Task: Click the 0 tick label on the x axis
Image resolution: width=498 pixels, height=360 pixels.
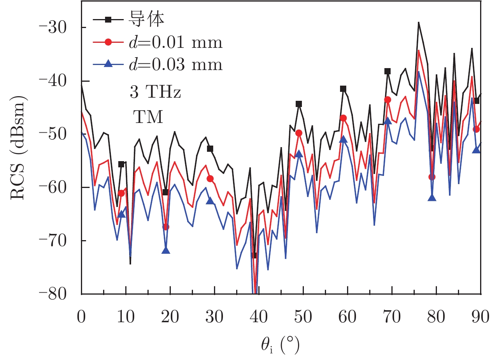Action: click(82, 317)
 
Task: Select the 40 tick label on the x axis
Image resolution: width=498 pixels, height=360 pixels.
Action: click(259, 317)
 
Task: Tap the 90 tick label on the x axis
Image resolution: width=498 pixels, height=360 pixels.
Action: click(481, 317)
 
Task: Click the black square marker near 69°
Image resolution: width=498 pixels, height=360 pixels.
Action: click(388, 71)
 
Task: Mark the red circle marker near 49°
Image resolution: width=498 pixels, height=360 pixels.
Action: click(299, 133)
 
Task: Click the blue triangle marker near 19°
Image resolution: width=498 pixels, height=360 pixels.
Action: click(166, 250)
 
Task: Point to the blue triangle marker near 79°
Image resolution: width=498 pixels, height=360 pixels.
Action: click(432, 198)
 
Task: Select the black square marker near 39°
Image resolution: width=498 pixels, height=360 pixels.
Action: click(254, 255)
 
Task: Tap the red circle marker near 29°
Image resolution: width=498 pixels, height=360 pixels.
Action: click(210, 179)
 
